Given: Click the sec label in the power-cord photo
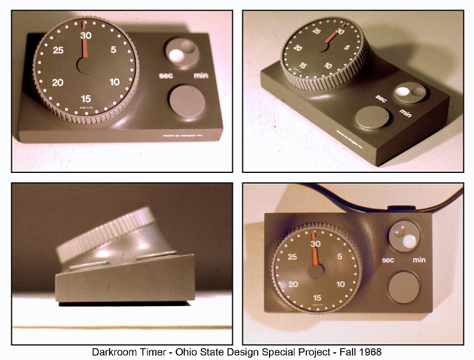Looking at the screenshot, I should (x=388, y=259).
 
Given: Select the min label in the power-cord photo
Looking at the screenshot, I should (x=419, y=259).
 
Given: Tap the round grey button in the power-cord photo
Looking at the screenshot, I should (x=403, y=287).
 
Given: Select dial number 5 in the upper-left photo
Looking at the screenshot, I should (x=114, y=50).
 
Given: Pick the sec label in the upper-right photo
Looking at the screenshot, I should (x=381, y=98).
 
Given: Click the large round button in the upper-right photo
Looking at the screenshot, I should (x=373, y=117).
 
